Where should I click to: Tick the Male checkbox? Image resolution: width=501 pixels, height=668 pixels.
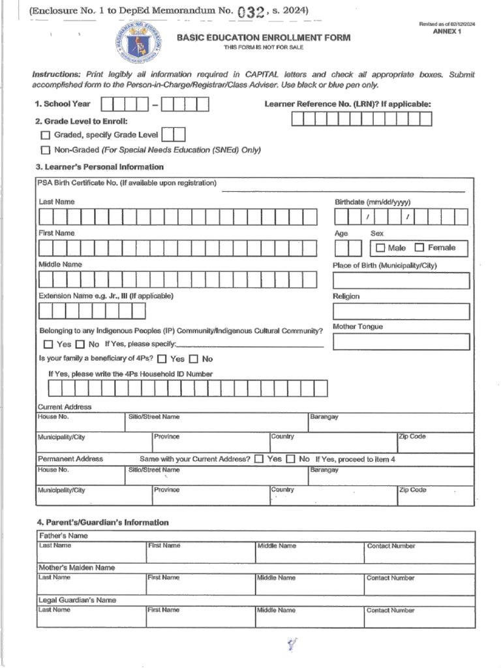click(380, 248)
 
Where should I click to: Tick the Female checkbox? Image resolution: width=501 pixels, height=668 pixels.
click(419, 247)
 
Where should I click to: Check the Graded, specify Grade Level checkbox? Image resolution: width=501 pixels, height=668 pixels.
click(45, 135)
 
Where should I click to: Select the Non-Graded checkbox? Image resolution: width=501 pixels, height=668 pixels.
click(45, 150)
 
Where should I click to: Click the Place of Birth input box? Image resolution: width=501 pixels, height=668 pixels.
click(401, 281)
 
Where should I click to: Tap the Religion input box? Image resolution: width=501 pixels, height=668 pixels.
click(401, 312)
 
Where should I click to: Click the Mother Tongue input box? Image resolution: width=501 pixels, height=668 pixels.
click(401, 342)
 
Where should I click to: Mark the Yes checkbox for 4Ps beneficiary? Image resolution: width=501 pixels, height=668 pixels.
click(162, 359)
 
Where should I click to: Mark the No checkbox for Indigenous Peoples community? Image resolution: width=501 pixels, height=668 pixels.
click(80, 344)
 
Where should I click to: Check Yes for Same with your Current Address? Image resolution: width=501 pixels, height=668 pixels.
click(259, 459)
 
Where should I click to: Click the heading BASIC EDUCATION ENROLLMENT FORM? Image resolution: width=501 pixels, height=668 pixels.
click(264, 38)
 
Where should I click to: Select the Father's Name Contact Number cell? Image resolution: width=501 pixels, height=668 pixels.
click(419, 553)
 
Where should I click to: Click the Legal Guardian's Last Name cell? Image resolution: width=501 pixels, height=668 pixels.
click(91, 617)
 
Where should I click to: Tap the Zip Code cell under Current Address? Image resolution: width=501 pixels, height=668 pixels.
click(435, 442)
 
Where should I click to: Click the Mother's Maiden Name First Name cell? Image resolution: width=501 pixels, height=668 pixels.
click(200, 584)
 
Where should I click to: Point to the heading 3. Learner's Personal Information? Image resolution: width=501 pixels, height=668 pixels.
click(99, 167)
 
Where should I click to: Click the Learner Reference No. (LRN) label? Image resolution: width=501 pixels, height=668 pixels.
click(347, 104)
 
